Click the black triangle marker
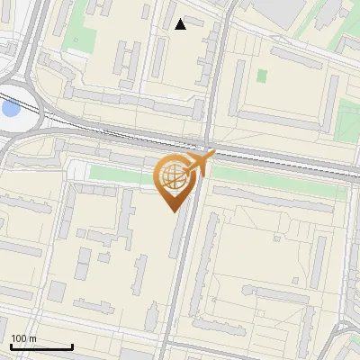point(181,24)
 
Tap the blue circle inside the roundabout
point(10,109)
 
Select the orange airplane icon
point(196,164)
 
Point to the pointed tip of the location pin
point(172,211)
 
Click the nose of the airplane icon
point(213,155)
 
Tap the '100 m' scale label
point(23,338)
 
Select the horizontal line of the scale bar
point(41,346)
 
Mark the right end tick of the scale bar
point(72,345)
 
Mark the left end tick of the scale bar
point(11,345)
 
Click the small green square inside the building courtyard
point(262,76)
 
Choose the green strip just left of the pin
point(121,172)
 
